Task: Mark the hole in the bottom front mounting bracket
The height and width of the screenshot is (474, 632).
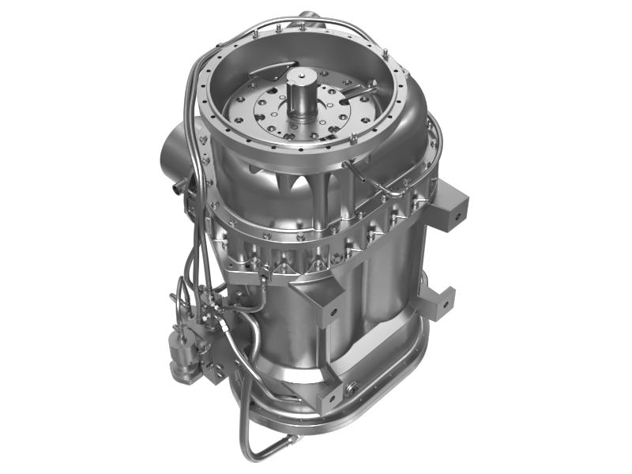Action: point(332,391)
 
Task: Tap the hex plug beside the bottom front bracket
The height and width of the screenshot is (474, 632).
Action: point(352,387)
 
